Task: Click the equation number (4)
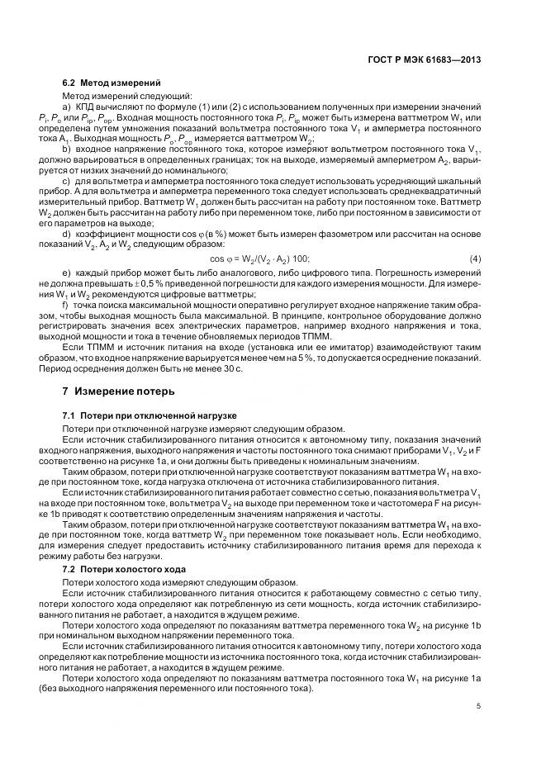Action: pos(475,259)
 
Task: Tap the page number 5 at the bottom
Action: pos(479,706)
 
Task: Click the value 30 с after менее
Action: pos(233,368)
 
